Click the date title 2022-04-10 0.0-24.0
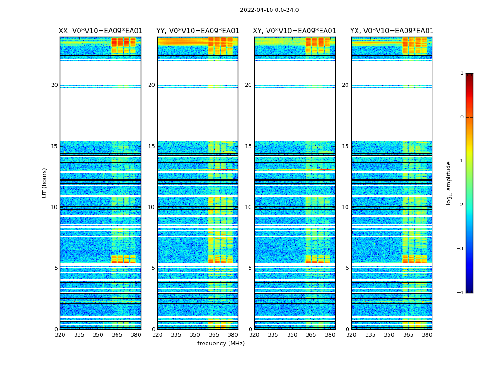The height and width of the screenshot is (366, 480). coord(269,10)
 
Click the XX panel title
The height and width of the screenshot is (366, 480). coord(101,31)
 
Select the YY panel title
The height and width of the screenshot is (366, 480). coord(197,31)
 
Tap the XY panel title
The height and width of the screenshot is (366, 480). coord(294,31)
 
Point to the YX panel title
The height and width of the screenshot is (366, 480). coord(392,31)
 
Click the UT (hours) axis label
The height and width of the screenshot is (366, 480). coord(45,183)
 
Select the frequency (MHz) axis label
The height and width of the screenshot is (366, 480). coord(221,344)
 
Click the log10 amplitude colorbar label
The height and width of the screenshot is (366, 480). coord(449,183)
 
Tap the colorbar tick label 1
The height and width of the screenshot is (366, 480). coord(462,73)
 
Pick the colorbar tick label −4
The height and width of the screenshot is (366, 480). coord(460,293)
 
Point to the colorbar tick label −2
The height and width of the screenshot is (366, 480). coord(460,205)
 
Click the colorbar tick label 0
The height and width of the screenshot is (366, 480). coord(462,117)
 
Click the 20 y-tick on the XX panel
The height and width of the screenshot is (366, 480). coord(54,85)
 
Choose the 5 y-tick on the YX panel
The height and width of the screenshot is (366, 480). coord(347,268)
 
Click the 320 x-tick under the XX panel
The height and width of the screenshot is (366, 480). coord(60,335)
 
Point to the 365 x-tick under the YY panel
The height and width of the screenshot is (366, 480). coord(214,335)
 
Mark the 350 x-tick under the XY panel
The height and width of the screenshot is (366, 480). coord(292,335)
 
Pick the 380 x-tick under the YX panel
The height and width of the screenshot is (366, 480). coord(427,335)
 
